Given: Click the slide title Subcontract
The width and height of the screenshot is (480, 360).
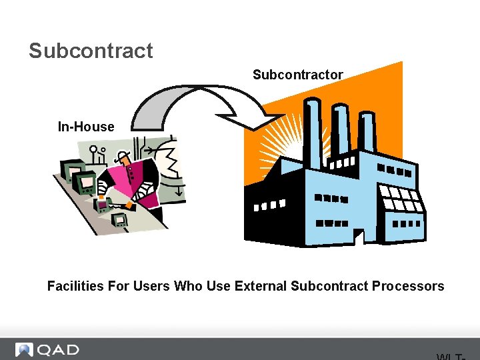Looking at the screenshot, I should (x=91, y=51).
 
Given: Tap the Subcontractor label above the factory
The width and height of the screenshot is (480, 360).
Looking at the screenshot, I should (x=297, y=75).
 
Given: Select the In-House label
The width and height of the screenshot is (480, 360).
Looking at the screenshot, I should (x=86, y=127).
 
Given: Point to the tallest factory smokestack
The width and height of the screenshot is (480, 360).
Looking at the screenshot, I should (x=311, y=133).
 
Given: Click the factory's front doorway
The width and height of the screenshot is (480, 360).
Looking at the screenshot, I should (x=359, y=237).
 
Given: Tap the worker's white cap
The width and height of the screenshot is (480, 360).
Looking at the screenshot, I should (x=123, y=156).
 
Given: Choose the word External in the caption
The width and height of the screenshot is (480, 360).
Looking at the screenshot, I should (x=261, y=287).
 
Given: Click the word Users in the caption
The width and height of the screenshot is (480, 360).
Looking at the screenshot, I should (x=151, y=287).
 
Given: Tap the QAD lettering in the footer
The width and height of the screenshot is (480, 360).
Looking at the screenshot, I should (x=58, y=350).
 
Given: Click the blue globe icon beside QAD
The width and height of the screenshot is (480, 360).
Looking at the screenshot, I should (x=25, y=350).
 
